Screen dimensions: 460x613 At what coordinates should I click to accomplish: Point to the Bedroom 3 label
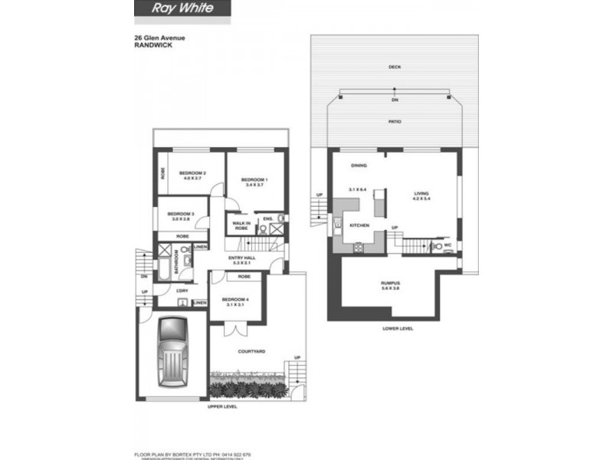click(x=181, y=215)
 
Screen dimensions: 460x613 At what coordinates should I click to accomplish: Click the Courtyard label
click(x=252, y=351)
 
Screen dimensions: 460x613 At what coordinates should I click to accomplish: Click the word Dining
click(x=359, y=166)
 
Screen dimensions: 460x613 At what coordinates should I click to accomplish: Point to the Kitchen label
click(x=359, y=225)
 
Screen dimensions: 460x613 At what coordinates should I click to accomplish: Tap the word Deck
click(x=395, y=67)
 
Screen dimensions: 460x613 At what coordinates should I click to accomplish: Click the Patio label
click(x=395, y=122)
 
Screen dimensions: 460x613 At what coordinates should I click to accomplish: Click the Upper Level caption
click(x=223, y=406)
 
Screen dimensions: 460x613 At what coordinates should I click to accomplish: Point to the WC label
click(x=448, y=246)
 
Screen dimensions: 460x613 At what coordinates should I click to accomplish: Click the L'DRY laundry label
click(x=182, y=291)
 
